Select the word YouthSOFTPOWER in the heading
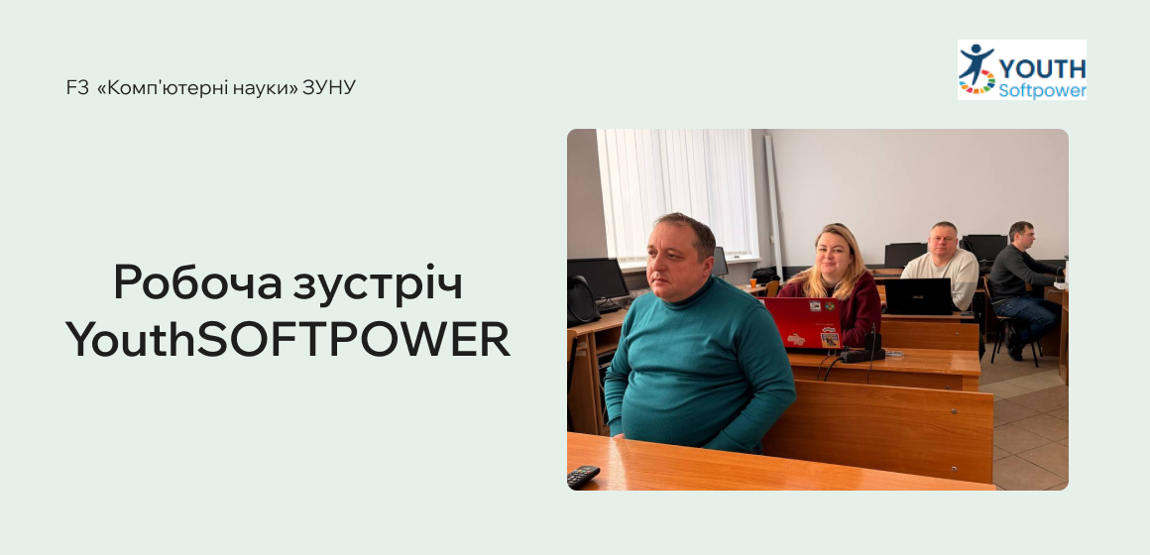(x=287, y=340)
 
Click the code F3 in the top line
(x=77, y=87)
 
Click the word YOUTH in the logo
(x=1042, y=68)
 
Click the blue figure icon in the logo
(x=975, y=61)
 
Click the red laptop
(x=804, y=323)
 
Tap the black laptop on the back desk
(x=917, y=296)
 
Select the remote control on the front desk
(x=583, y=476)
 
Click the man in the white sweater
(x=942, y=263)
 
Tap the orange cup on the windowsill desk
(x=772, y=287)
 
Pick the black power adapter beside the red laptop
(x=862, y=349)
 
